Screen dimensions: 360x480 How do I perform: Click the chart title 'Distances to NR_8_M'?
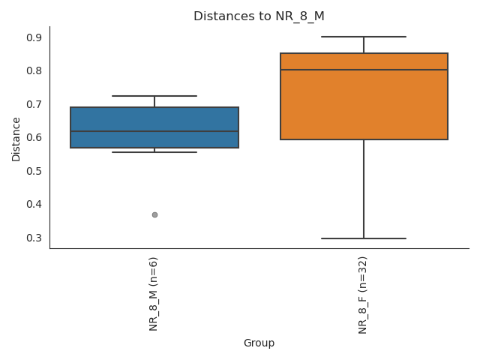click(259, 16)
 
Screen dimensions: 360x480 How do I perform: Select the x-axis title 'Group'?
click(259, 343)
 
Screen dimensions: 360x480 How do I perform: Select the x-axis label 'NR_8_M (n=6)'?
click(154, 293)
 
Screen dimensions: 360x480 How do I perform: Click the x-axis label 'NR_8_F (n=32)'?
click(364, 295)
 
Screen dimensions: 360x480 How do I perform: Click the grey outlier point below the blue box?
click(154, 214)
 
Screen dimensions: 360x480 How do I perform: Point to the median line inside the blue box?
click(154, 131)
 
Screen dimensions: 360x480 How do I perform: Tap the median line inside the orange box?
click(364, 70)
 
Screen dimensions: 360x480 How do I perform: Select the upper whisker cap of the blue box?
click(154, 96)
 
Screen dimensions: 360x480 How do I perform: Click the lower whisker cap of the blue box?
click(154, 152)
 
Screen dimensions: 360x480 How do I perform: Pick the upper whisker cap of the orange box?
click(364, 36)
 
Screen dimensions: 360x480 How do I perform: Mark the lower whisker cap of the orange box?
click(364, 238)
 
